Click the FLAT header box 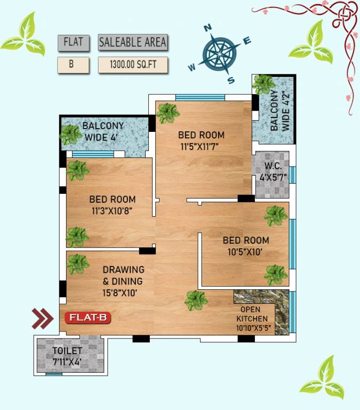click(73, 42)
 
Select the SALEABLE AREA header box click(133, 42)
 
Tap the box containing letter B click(73, 65)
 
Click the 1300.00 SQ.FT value click(133, 65)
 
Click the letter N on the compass click(209, 28)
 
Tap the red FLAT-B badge click(89, 318)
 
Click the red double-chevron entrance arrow click(43, 318)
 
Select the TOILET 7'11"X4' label click(67, 356)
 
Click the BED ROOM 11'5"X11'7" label click(201, 140)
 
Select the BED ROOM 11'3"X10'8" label click(112, 205)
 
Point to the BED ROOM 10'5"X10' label click(245, 246)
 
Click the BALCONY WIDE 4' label click(103, 131)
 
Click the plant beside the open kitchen click(196, 301)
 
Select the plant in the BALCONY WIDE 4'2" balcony click(263, 84)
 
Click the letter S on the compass click(231, 80)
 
